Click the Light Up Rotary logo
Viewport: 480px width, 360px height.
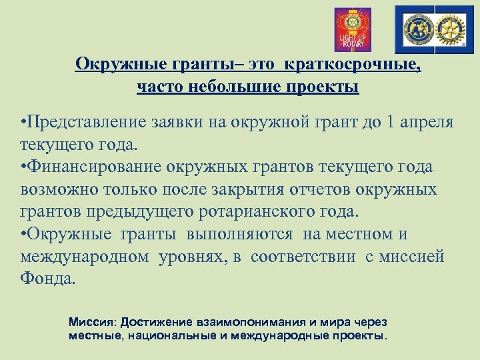pos(352,29)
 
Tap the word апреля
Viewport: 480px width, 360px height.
pos(435,123)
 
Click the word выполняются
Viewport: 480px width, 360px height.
pos(239,235)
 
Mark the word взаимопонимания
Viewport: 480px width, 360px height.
pos(243,322)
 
